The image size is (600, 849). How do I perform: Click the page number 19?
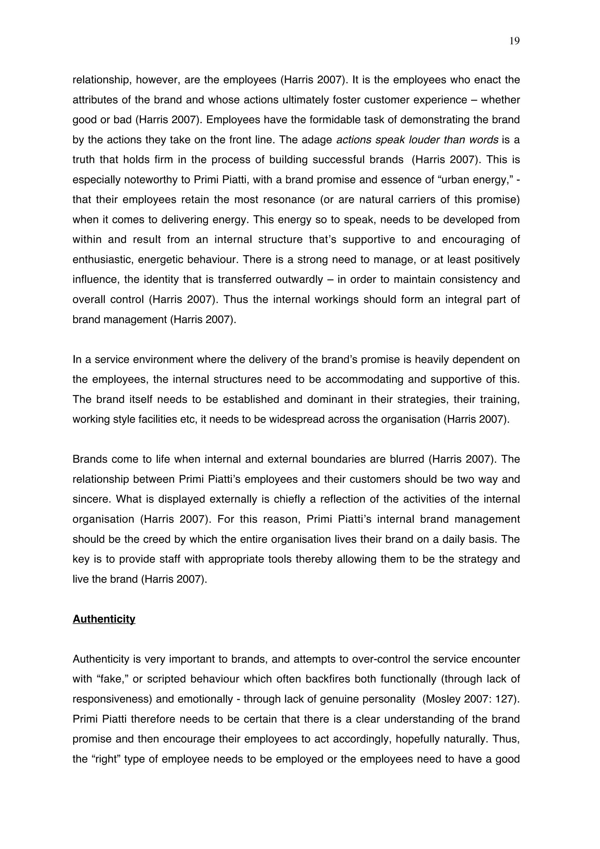[x=514, y=41]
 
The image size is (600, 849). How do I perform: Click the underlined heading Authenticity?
[x=104, y=619]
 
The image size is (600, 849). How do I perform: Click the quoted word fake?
[x=111, y=679]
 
